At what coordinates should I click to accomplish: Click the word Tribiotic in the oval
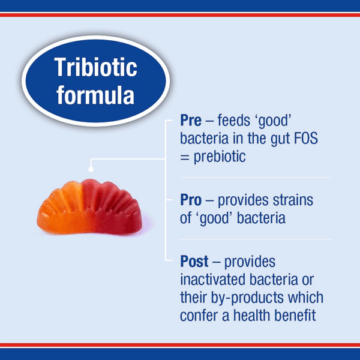95,67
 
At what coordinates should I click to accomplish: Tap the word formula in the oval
95,94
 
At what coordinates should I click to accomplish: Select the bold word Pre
191,120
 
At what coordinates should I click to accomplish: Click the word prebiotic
220,156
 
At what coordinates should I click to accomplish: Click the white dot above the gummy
91,169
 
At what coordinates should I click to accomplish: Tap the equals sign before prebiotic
184,156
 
